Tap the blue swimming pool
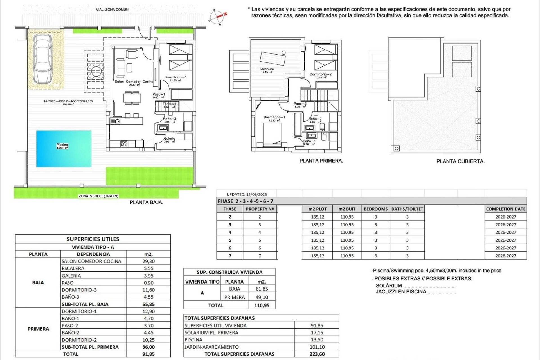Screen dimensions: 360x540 pos(64,148)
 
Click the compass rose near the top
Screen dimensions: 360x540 pos(218,17)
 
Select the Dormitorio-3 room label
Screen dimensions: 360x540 pos(175,77)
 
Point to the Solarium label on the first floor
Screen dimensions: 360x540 pos(266,69)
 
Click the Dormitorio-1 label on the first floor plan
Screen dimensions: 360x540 pos(274,117)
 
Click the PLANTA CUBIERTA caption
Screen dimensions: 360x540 pos(460,161)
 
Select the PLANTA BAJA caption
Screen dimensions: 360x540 pos(146,202)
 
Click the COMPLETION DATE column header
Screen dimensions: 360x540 pos(506,209)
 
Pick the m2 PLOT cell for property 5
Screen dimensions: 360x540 pos(318,240)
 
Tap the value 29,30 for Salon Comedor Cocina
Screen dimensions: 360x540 pos(148,261)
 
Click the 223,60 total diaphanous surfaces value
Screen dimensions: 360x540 pos(317,354)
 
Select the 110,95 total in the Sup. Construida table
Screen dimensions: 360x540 pos(262,305)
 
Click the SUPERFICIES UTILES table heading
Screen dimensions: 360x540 pos(93,239)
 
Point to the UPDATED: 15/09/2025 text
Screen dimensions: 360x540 pos(247,194)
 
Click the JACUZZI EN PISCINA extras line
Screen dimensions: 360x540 pos(415,292)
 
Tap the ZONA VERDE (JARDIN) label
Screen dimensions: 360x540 pos(98,196)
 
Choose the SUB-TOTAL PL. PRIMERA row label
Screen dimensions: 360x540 pos(90,347)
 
